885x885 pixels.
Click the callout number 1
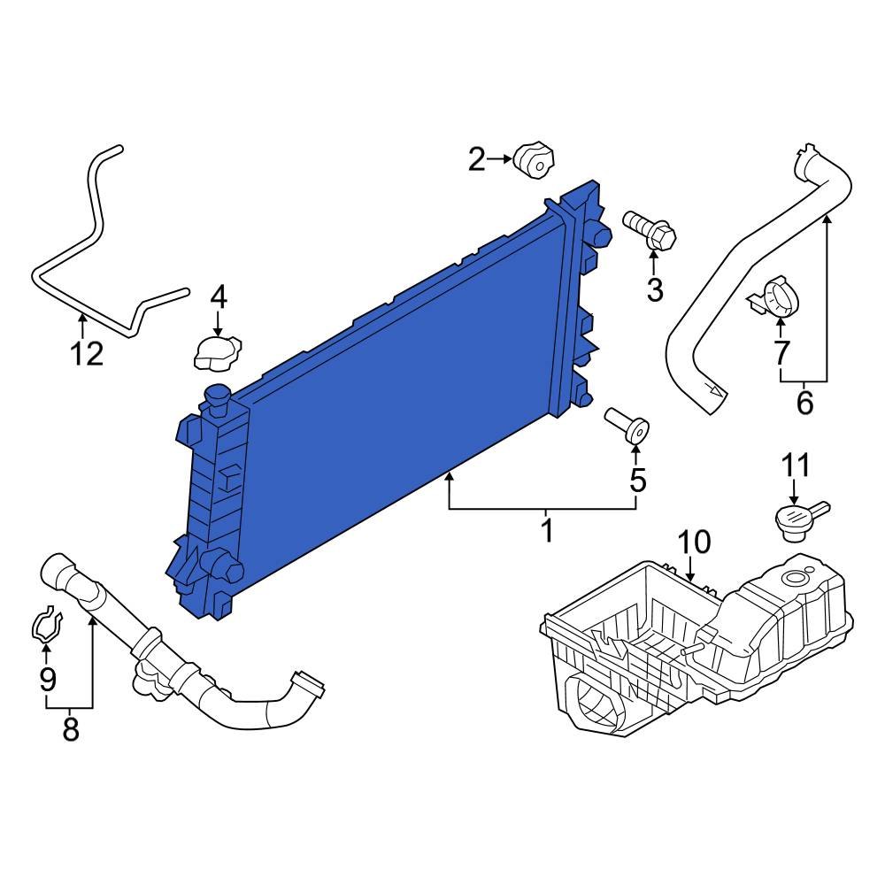tap(546, 531)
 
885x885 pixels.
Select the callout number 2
tap(477, 160)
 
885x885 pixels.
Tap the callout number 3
tap(654, 289)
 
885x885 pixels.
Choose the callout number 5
tap(637, 481)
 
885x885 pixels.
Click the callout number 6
tap(804, 403)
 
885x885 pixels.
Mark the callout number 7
tap(781, 353)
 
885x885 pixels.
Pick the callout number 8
tap(70, 730)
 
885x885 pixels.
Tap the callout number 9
tap(47, 680)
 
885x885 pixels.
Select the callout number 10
tap(694, 543)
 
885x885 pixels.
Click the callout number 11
tap(794, 465)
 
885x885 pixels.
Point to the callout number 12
tap(87, 354)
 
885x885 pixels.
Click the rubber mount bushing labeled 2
tap(535, 159)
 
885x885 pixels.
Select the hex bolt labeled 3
tap(651, 228)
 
